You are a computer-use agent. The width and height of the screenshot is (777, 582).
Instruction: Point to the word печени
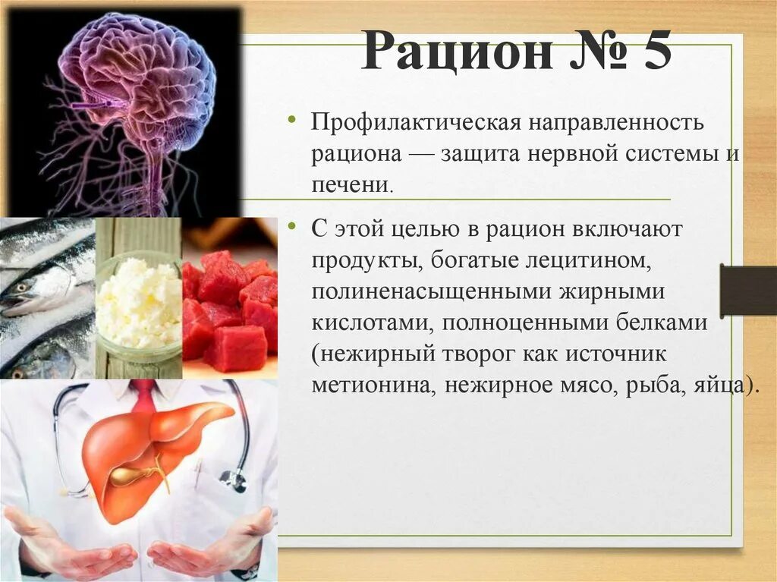351,185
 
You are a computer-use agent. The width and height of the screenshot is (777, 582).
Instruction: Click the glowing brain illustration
137,106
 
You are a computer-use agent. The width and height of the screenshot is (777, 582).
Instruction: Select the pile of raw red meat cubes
229,311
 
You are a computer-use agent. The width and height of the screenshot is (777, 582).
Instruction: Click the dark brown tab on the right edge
747,291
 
